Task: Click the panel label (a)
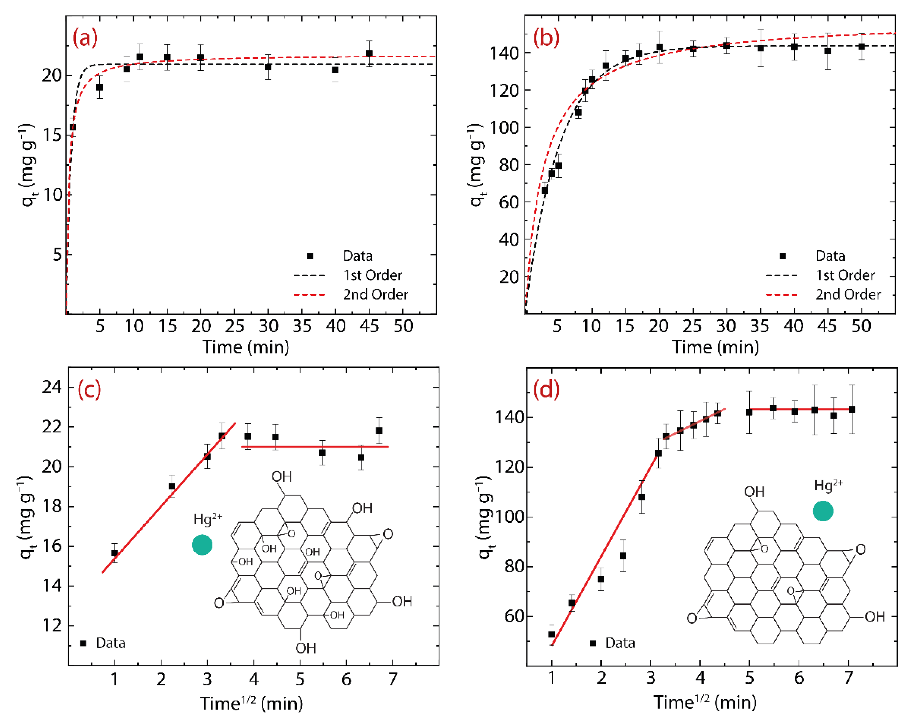[x=85, y=38]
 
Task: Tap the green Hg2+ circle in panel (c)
[x=202, y=545]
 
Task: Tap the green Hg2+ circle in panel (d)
[x=823, y=511]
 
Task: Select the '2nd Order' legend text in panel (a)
[x=375, y=294]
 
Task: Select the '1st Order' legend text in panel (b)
[x=845, y=275]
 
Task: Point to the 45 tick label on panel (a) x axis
[x=369, y=326]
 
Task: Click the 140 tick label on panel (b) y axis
[x=504, y=53]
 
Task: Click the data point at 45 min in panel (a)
[x=369, y=53]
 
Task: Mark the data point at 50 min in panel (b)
[x=861, y=46]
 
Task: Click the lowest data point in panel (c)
[x=115, y=553]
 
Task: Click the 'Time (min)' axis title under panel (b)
[x=716, y=347]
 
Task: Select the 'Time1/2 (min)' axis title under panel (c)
[x=251, y=703]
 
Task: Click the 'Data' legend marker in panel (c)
[x=83, y=643]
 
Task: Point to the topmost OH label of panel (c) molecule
[x=281, y=477]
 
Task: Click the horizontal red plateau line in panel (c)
[x=315, y=447]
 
